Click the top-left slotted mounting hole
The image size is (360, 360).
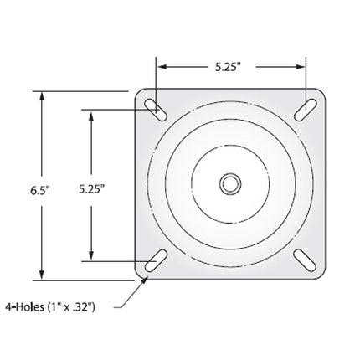pyautogui.click(x=156, y=110)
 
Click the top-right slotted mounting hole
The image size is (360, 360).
pyautogui.click(x=306, y=110)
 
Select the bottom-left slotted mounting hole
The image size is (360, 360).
pyautogui.click(x=156, y=260)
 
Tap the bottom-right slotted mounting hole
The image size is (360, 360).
pyautogui.click(x=306, y=260)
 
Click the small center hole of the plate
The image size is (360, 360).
pyautogui.click(x=230, y=184)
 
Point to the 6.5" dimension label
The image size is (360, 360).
pyautogui.click(x=40, y=190)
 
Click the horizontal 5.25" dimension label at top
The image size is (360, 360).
pyautogui.click(x=228, y=67)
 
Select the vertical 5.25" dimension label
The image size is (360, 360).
pyautogui.click(x=91, y=189)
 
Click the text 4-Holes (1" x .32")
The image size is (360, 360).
pyautogui.click(x=50, y=307)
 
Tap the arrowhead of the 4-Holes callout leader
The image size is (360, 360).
pyautogui.click(x=145, y=280)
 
